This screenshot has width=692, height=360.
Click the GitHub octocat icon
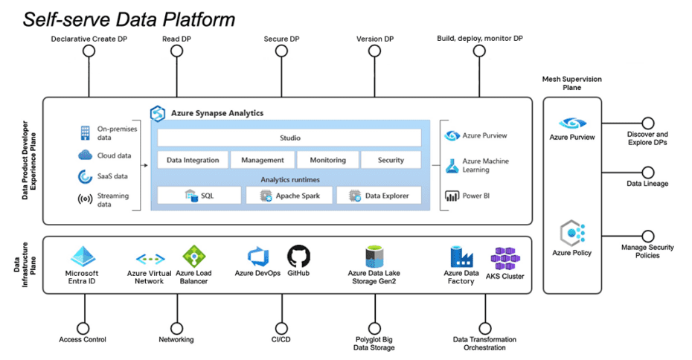298,256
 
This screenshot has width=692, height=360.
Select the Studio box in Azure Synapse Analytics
289,138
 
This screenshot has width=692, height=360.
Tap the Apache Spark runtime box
291,196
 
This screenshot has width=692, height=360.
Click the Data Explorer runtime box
379,196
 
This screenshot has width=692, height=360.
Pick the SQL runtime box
199,196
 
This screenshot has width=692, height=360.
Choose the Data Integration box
193,160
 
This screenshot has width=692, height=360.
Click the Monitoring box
327,160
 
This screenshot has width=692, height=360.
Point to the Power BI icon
451,196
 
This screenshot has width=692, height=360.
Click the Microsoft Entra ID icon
83,257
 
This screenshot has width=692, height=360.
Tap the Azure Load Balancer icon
194,257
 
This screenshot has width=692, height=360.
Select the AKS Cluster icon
505,259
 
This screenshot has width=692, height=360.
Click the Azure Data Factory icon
461,257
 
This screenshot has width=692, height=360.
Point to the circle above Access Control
83,327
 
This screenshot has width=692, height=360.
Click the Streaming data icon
84,200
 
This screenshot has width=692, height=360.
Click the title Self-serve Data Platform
129,19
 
